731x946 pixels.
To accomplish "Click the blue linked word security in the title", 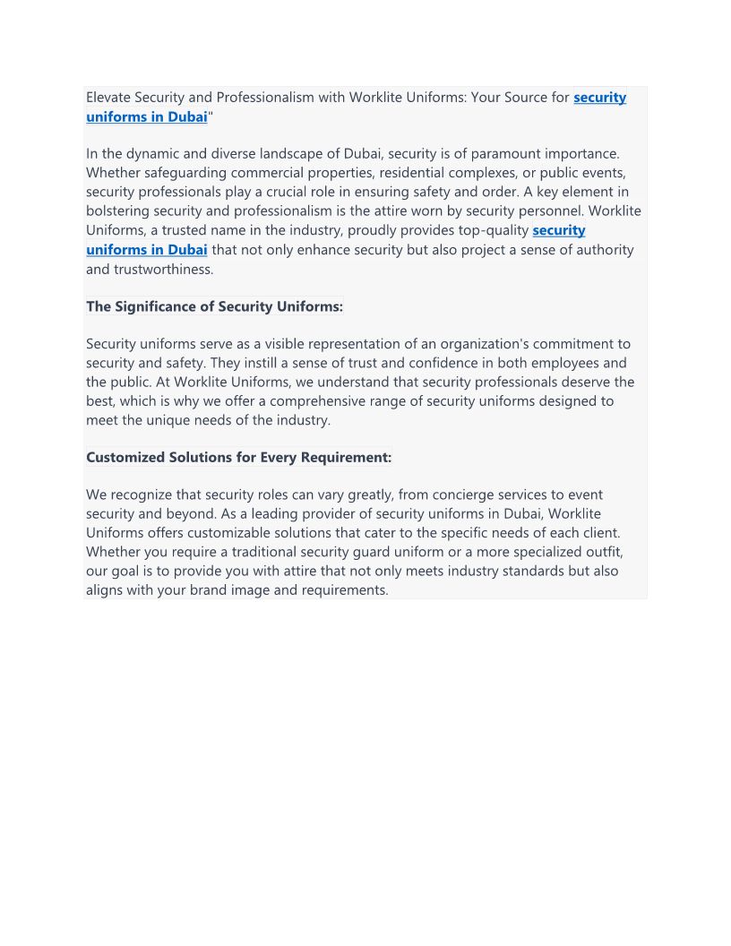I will [x=599, y=98].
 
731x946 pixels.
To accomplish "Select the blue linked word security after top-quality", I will [x=558, y=230].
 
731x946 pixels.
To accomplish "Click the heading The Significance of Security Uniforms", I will [x=214, y=306].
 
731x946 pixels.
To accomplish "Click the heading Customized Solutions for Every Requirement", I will [x=238, y=458].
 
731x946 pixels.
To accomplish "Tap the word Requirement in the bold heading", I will [x=345, y=458].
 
